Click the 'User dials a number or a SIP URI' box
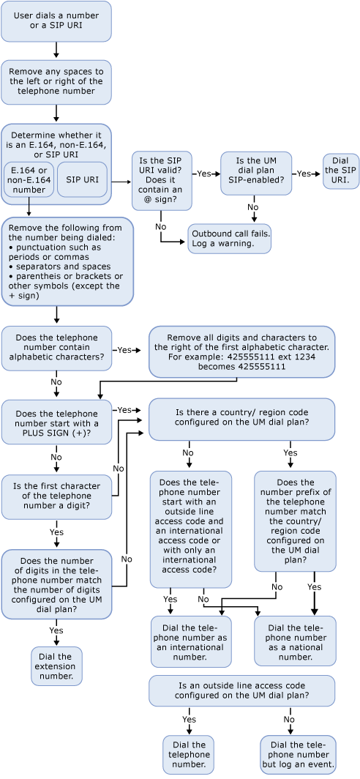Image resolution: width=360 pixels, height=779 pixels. point(56,21)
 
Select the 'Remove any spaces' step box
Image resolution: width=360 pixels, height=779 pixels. point(56,81)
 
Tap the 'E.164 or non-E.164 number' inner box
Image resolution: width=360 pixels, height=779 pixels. point(28,179)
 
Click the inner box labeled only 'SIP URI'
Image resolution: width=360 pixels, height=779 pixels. point(82,179)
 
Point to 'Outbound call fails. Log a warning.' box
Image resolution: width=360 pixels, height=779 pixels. point(229,239)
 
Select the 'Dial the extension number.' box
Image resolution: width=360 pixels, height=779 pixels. point(56,665)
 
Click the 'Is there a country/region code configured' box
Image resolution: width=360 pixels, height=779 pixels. point(241,419)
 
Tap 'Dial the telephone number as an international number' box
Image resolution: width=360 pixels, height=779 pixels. point(190,640)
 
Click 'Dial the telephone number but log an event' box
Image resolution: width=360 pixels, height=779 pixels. point(298,754)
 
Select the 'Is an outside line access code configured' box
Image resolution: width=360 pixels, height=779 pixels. point(241,690)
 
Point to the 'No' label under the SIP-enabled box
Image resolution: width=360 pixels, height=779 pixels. point(253,207)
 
